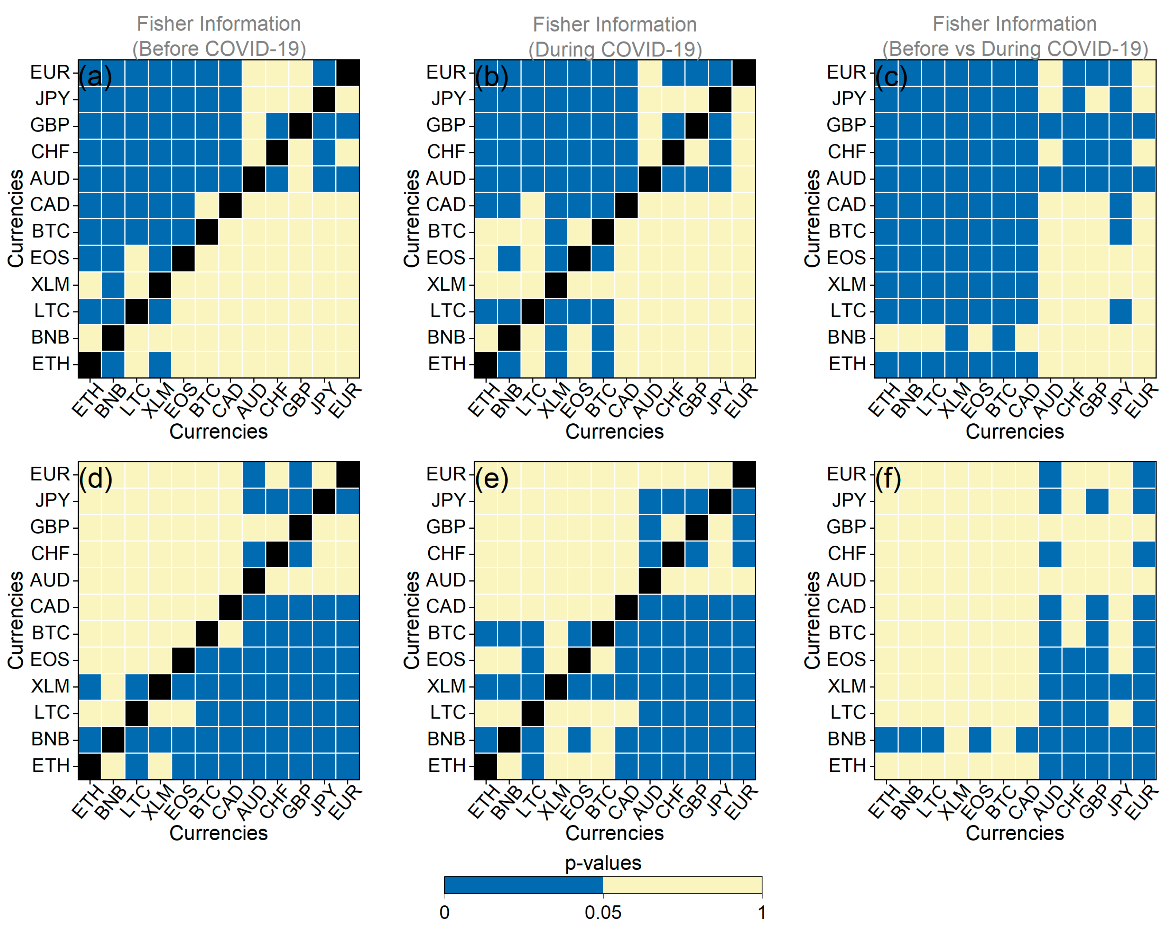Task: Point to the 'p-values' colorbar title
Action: (603, 863)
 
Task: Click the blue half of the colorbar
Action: (523, 885)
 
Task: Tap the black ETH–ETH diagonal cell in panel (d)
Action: (89, 765)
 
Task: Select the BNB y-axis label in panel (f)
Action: (846, 739)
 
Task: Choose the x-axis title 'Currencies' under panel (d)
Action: (218, 833)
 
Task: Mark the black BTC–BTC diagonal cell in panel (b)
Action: (603, 231)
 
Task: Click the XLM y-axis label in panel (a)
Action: (50, 284)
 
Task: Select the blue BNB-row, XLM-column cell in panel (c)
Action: (956, 337)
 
